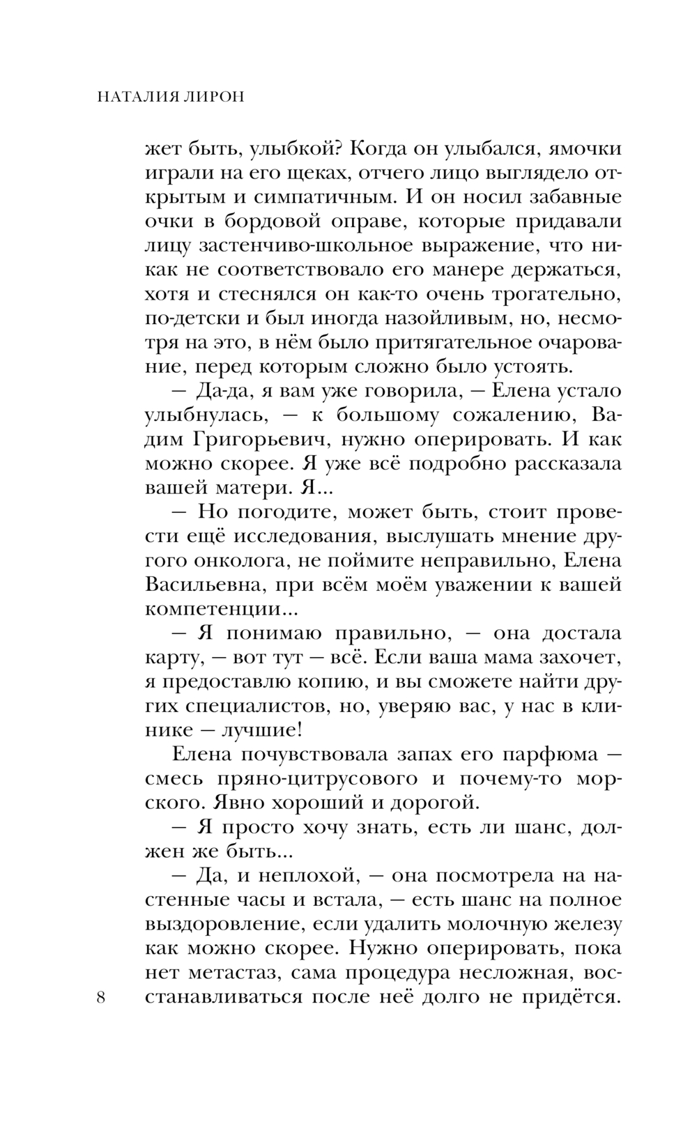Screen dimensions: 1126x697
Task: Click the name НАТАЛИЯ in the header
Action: (137, 97)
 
